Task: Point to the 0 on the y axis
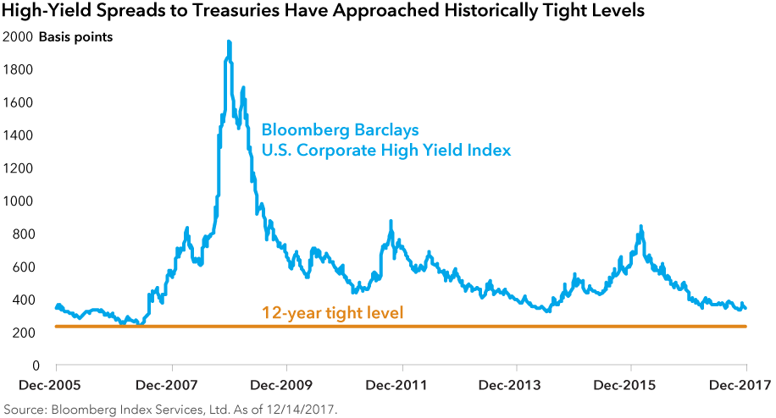coord(33,366)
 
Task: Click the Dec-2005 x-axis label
coord(55,384)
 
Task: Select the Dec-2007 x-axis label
coord(172,384)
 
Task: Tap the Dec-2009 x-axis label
coord(287,384)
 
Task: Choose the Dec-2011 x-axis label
coord(402,384)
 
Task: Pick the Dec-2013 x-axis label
coord(517,384)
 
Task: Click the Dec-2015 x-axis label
coord(631,384)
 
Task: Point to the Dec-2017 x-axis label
coord(746,384)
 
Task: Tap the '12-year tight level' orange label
coord(333,313)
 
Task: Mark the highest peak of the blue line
coord(228,41)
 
